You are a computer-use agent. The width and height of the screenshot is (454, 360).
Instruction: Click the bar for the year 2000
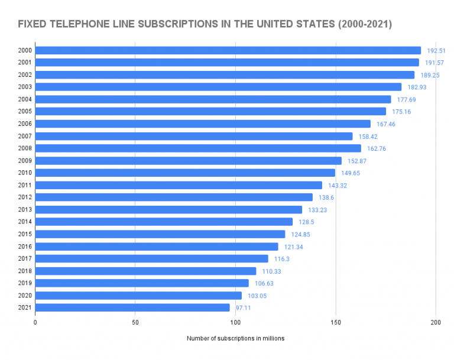[x=228, y=50]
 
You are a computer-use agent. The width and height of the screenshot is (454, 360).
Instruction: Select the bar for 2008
[x=198, y=148]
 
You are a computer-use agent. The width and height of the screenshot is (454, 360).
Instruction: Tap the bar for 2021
[x=132, y=307]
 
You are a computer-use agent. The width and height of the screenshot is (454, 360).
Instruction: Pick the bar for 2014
[x=164, y=222]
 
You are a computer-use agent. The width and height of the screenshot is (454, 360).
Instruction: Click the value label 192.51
[x=436, y=51]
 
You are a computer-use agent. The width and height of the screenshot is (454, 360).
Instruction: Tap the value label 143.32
[x=338, y=186]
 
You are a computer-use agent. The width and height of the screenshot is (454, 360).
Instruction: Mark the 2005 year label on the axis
[x=25, y=111]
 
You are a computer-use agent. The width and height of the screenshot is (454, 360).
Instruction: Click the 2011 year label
[x=25, y=185]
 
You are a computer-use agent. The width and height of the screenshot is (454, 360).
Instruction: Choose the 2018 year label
[x=25, y=271]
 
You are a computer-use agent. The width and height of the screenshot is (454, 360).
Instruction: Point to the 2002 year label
[x=25, y=74]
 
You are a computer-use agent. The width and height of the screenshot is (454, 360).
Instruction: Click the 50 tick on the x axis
[x=135, y=322]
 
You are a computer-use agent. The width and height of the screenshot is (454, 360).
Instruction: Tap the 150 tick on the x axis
[x=336, y=322]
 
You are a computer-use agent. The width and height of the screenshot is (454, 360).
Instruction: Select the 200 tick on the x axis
[x=436, y=322]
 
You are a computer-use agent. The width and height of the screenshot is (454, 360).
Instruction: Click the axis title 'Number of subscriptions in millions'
[x=235, y=339]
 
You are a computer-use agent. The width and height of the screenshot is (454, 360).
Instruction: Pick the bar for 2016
[x=157, y=247]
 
